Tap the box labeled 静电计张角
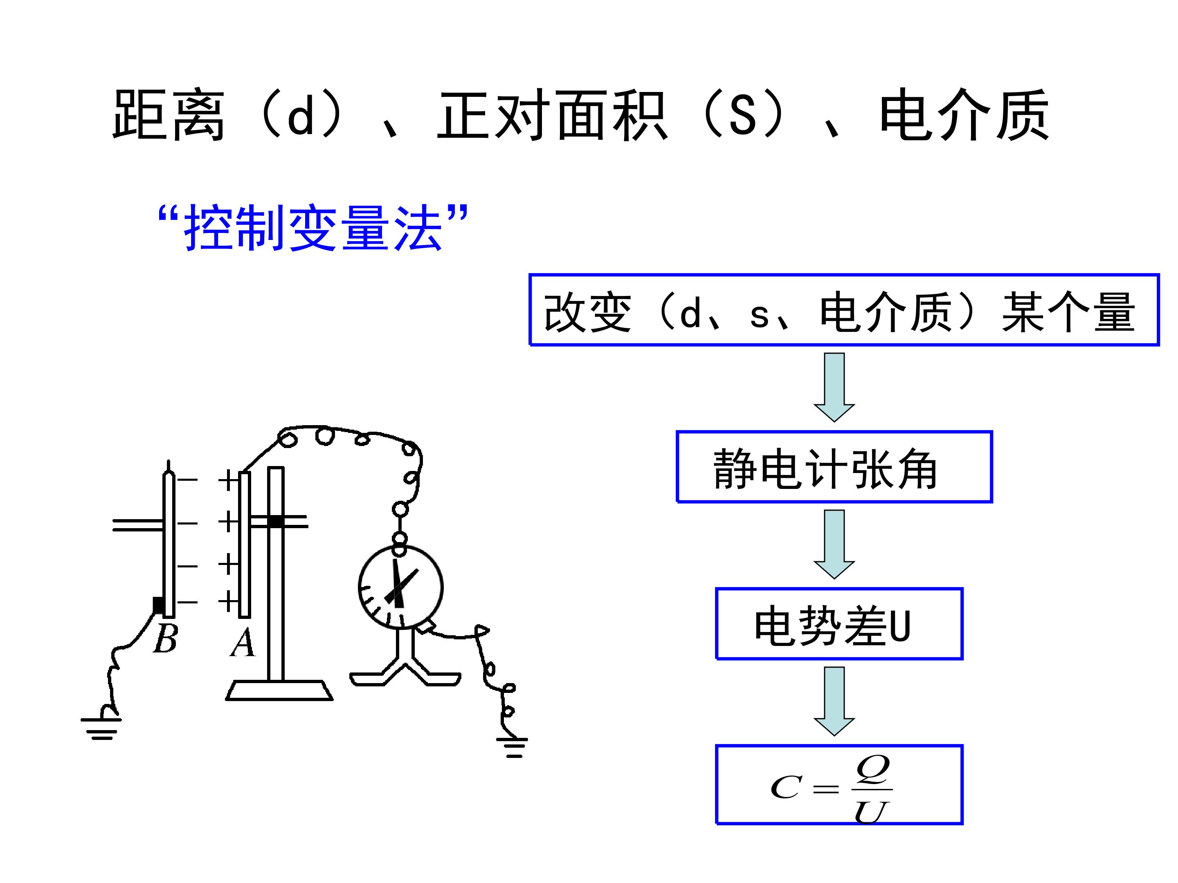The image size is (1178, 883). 834,467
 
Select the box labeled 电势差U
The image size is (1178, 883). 839,624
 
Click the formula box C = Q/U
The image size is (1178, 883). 839,784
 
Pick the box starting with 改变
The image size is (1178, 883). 844,310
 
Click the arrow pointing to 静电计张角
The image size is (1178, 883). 834,387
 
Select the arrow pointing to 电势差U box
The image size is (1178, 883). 834,544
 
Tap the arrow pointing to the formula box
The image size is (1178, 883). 834,701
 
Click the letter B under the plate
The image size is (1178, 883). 165,638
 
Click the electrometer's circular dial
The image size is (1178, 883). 400,587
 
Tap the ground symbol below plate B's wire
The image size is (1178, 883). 101,728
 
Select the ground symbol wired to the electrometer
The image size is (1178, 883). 513,747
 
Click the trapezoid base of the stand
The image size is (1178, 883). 280,690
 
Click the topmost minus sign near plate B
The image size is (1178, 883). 187,480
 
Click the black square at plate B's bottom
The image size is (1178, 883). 158,605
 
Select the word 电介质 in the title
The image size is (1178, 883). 964,114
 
